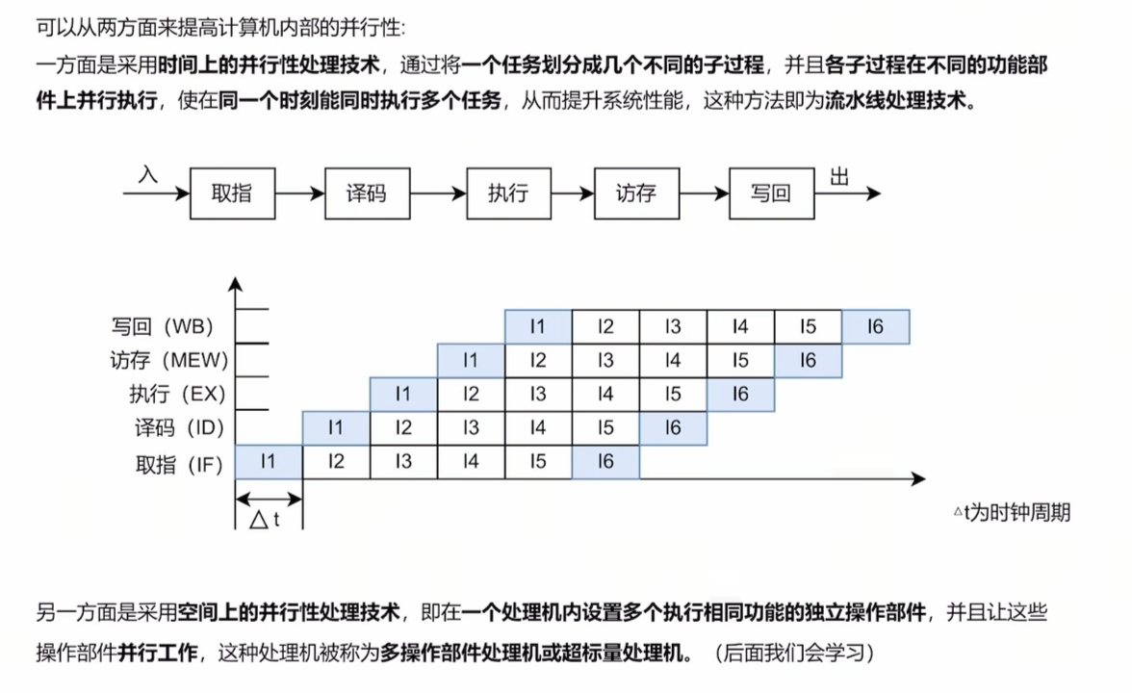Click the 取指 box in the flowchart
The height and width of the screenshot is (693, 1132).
point(231,193)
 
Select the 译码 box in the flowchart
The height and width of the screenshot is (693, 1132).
point(366,193)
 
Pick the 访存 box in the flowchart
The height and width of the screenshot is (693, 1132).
point(635,193)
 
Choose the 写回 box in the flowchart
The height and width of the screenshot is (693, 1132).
point(770,193)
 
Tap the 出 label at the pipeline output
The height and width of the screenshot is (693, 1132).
point(838,177)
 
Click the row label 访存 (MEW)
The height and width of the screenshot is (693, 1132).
point(168,361)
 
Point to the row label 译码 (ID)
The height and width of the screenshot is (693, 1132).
point(179,428)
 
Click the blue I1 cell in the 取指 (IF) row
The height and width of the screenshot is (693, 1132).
point(269,462)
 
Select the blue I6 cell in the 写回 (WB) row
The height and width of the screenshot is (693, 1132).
point(875,327)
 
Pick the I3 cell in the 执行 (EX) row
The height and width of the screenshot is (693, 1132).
point(538,394)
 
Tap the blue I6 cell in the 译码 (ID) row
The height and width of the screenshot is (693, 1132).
point(673,428)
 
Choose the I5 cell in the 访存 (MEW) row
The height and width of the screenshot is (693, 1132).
point(740,361)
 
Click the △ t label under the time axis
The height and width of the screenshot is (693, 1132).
point(265,520)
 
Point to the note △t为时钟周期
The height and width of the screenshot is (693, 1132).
point(1011,512)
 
